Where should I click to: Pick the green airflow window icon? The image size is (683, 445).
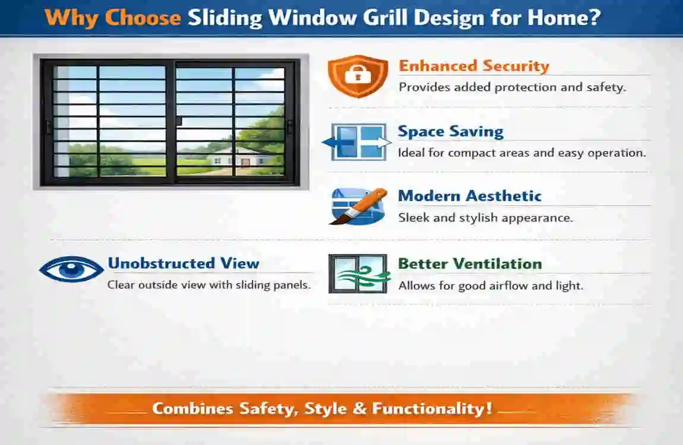click(358, 274)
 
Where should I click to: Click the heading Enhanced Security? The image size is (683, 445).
click(473, 66)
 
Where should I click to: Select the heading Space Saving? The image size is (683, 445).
click(450, 131)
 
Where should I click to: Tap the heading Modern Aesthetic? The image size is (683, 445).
click(469, 196)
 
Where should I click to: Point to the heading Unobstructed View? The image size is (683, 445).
click(183, 263)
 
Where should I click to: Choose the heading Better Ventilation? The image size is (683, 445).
click(469, 263)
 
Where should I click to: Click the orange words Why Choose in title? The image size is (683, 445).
click(112, 17)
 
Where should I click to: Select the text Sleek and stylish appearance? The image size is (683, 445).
click(485, 218)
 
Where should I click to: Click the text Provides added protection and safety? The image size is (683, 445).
click(512, 87)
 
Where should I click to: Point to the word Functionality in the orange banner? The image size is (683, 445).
click(432, 409)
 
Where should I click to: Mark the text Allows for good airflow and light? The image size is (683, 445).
click(491, 286)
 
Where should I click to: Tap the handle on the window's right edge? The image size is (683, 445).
click(290, 126)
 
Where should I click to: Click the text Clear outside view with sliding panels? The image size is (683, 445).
click(209, 285)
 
